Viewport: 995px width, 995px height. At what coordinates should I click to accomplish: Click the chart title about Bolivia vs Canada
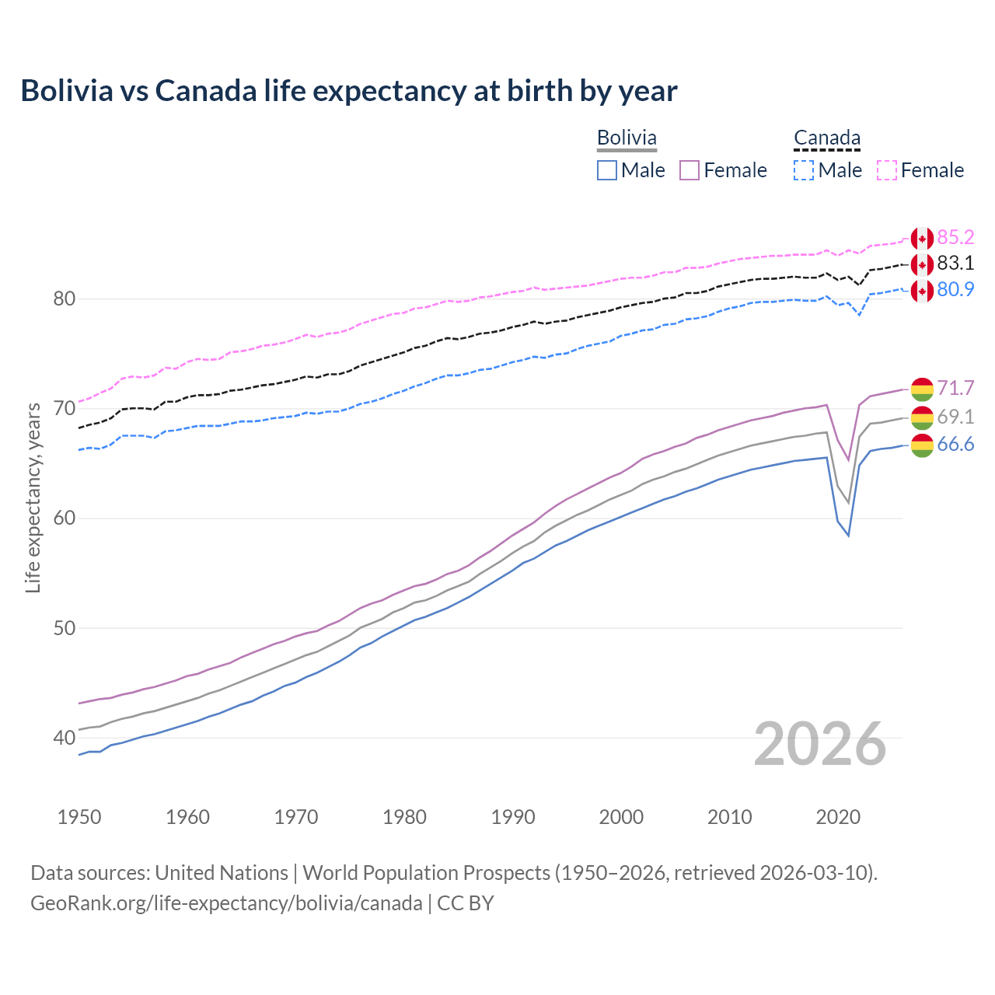[349, 91]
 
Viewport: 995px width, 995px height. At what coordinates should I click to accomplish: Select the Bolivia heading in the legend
[627, 138]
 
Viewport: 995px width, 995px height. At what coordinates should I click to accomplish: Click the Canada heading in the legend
[826, 138]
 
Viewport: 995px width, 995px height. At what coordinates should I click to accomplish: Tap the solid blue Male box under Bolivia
[607, 170]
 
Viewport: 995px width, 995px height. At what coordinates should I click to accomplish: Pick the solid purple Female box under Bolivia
[690, 170]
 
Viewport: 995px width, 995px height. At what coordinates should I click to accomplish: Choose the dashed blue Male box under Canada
[804, 170]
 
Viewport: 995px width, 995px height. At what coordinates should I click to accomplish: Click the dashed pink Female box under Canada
[887, 170]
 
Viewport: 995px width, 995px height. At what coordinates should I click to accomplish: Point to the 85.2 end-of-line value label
[955, 237]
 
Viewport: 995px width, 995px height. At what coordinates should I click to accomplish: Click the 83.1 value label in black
[955, 263]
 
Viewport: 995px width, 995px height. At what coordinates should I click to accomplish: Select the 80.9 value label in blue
[955, 289]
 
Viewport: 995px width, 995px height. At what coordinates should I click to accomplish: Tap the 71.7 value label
[955, 388]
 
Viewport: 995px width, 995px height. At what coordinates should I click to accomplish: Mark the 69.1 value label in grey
[955, 417]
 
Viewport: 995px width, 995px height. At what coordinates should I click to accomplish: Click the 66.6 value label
[955, 444]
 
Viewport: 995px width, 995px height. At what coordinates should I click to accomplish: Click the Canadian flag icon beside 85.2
[922, 239]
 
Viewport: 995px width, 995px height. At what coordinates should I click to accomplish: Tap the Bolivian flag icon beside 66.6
[922, 445]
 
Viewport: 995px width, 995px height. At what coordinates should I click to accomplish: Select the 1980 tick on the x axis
[404, 817]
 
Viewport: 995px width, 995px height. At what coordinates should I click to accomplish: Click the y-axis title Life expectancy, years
[33, 497]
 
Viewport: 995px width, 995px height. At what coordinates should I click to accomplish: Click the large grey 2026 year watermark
[819, 744]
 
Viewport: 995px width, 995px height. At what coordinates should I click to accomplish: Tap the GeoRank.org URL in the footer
[226, 902]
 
